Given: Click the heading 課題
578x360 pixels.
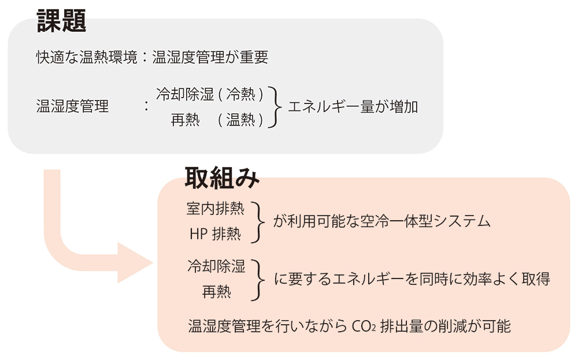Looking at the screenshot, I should (61, 22).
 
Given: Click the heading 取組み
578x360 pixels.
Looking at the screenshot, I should (222, 177).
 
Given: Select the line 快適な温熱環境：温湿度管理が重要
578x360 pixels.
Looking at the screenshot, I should (151, 57).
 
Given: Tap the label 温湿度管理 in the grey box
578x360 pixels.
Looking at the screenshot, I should (72, 107).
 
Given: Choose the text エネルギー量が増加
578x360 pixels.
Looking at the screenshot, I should (353, 107).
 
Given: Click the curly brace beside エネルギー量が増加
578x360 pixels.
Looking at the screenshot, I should (276, 107).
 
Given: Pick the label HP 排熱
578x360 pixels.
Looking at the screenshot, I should (215, 235).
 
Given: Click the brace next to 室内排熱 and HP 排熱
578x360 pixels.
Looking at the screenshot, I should (258, 221).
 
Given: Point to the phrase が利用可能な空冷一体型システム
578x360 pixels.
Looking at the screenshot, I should (381, 221).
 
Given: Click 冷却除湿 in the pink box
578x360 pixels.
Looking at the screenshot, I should (216, 266).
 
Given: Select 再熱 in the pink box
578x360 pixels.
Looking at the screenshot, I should (216, 292).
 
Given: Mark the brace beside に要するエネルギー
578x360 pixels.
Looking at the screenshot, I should (258, 279).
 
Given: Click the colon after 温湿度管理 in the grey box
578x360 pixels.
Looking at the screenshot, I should (147, 107).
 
